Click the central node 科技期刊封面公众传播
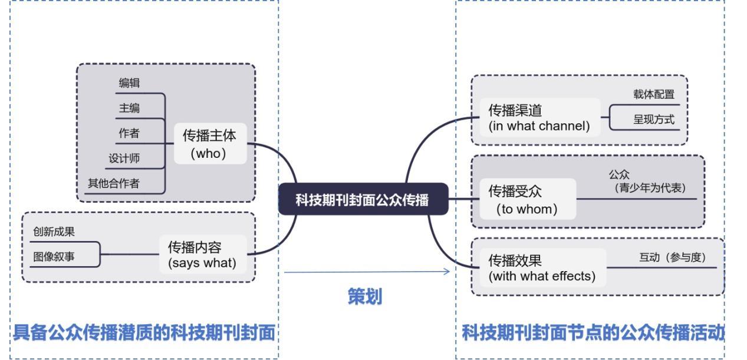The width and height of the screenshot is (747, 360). coord(363,199)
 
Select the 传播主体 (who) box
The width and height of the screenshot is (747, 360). coord(209,144)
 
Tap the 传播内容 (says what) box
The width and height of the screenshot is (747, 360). coord(202,255)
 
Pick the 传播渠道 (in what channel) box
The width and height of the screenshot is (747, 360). coord(539,118)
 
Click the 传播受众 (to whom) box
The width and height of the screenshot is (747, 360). coord(526,199)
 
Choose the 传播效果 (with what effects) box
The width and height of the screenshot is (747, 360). coord(542,268)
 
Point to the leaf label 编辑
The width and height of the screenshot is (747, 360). coord(129,83)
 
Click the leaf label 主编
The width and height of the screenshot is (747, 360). coord(129,108)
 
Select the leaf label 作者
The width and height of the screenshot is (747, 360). coord(129,134)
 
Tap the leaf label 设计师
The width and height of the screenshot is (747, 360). coord(124,158)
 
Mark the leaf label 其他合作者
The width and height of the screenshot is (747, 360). coord(114,183)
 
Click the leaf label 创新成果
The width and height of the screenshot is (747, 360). coord(54,232)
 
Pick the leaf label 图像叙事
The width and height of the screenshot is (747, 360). coord(54,257)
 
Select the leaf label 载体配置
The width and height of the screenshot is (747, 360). coord(653,94)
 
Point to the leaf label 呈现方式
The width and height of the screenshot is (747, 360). coord(653,119)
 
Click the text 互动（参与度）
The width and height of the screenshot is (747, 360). coord(672,257)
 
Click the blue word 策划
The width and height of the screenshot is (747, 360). coord(364,296)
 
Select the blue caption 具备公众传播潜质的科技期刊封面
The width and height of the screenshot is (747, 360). coord(144,333)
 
